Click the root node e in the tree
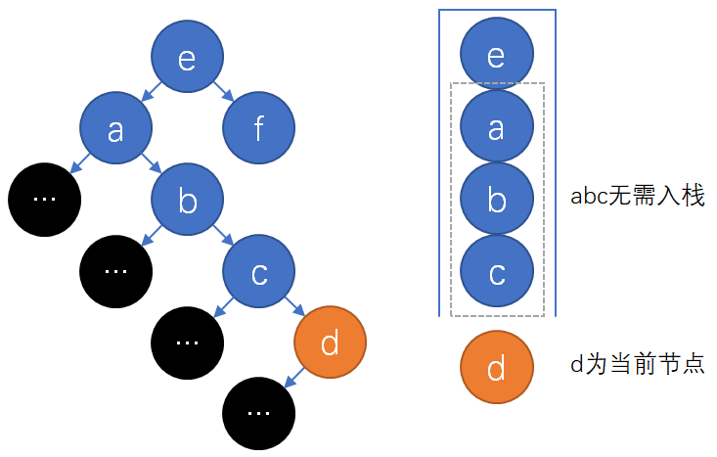(x=187, y=59)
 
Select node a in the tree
(x=115, y=129)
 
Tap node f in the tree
(x=258, y=129)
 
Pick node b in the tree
(x=187, y=201)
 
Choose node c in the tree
(x=258, y=271)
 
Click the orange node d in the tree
(x=330, y=342)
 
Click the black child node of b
(x=115, y=271)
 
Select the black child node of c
(x=187, y=342)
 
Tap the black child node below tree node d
(x=258, y=412)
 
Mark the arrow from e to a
(x=152, y=94)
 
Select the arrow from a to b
(x=152, y=164)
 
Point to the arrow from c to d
(x=293, y=306)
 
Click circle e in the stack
(x=497, y=55)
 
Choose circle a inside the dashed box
(x=497, y=127)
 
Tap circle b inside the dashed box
(x=497, y=200)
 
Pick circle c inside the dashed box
(x=497, y=272)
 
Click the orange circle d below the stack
(x=497, y=367)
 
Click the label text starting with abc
(x=637, y=196)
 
